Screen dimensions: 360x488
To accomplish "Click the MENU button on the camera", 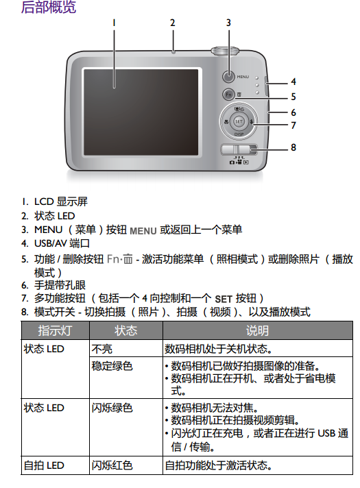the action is (228, 77).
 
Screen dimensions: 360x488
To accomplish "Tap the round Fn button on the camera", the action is (228, 95).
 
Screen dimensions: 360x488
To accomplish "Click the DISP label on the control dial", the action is (239, 134).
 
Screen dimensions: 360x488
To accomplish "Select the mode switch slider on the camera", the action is (239, 149).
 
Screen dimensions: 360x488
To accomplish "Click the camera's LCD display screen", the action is (141, 112).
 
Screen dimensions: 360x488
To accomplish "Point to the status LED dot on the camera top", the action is (173, 52).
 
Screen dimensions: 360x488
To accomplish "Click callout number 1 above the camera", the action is (114, 23).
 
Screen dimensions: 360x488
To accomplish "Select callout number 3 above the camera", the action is (228, 23).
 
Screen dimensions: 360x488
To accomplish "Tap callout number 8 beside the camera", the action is (293, 147).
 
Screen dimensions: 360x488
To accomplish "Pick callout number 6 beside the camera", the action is (293, 112).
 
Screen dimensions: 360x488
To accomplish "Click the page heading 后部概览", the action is (49, 7).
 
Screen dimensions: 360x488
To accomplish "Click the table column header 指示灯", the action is (55, 330).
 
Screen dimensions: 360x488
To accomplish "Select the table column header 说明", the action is (257, 330).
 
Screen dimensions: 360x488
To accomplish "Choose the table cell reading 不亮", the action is (102, 349).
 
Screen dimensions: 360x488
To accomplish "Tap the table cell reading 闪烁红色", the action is (112, 465).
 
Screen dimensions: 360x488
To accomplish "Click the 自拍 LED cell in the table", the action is (44, 465).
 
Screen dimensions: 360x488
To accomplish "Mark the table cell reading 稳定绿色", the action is (112, 366).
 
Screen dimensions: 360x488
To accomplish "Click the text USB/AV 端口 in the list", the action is (62, 243).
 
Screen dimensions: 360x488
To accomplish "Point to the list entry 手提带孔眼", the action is (60, 284).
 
